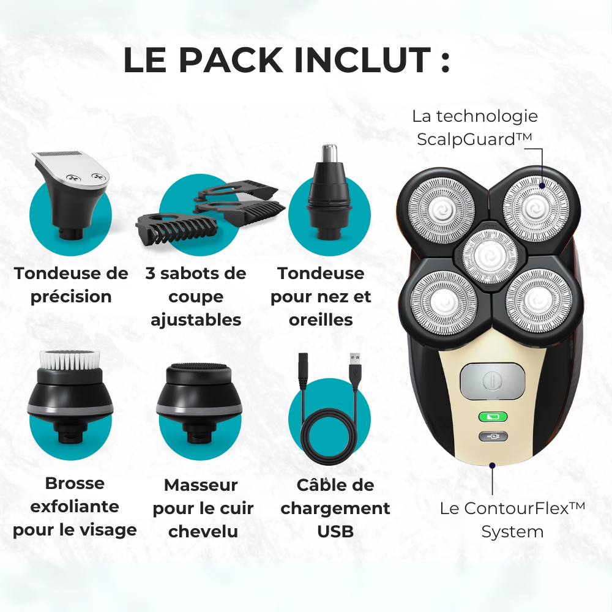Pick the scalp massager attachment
[x=199, y=403]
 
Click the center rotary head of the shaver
[x=490, y=256]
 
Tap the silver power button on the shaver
[x=492, y=381]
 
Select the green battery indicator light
[x=493, y=417]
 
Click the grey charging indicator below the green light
[x=493, y=436]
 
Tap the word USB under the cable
[x=335, y=532]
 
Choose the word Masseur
[x=201, y=485]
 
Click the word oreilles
[x=321, y=320]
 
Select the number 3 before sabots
[x=151, y=274]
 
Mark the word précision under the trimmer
[x=71, y=297]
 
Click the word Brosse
[x=75, y=483]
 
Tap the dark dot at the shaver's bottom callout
[x=492, y=465]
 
